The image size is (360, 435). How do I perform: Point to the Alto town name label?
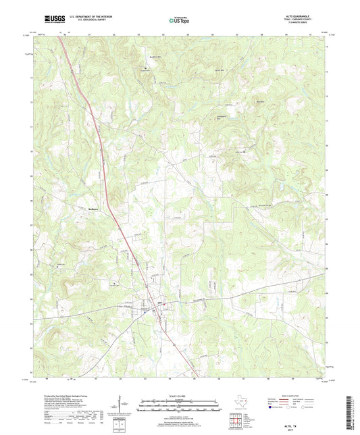(160, 302)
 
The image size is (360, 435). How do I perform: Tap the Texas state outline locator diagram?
(236, 403)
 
